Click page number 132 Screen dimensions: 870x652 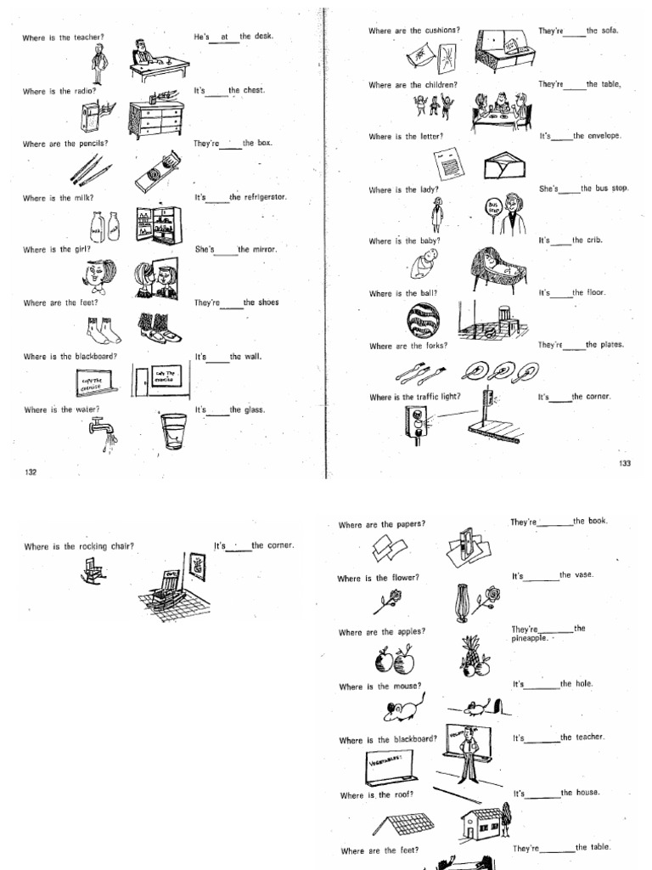[31, 472]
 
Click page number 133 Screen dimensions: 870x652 [625, 463]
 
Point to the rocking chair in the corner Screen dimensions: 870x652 [168, 586]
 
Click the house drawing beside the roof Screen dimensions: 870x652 [483, 823]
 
